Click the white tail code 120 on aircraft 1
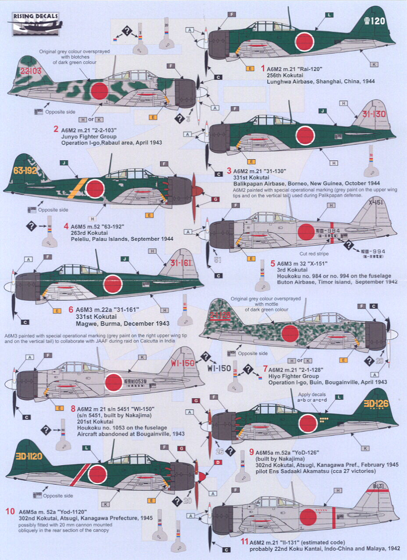click(374, 21)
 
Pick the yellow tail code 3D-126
click(374, 404)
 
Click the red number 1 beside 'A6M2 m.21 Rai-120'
click(263, 68)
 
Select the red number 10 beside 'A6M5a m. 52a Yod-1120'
click(10, 511)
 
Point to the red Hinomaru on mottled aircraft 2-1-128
click(290, 333)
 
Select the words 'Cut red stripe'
click(314, 253)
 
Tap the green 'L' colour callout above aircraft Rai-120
click(329, 15)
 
